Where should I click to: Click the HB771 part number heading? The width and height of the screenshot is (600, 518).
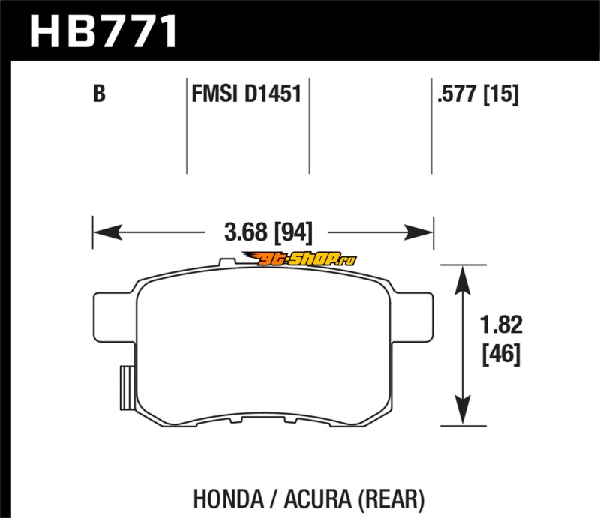(103, 31)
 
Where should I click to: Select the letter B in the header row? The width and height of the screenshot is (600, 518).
(99, 94)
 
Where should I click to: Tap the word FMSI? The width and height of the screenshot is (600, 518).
(214, 94)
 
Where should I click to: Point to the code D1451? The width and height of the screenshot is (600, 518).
(273, 94)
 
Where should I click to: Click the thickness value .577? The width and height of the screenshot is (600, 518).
(457, 94)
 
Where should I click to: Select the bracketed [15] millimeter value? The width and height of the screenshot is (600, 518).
(501, 94)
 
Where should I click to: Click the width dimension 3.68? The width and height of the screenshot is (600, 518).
(246, 232)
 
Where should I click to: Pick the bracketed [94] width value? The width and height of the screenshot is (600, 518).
(293, 232)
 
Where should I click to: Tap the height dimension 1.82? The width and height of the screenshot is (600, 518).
(501, 325)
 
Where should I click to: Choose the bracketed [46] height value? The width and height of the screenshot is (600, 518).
(501, 355)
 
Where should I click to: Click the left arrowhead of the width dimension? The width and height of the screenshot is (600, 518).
(108, 232)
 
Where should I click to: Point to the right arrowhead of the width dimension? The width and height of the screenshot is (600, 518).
(418, 232)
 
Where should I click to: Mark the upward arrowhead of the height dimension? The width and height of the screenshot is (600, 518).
(463, 280)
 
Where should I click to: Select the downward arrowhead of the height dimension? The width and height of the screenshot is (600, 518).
(463, 410)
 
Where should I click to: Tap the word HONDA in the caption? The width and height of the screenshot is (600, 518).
(229, 499)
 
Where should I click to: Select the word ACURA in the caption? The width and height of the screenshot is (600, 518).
(317, 499)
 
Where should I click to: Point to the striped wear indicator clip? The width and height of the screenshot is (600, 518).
(127, 388)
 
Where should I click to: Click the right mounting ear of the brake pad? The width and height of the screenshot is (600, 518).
(413, 317)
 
